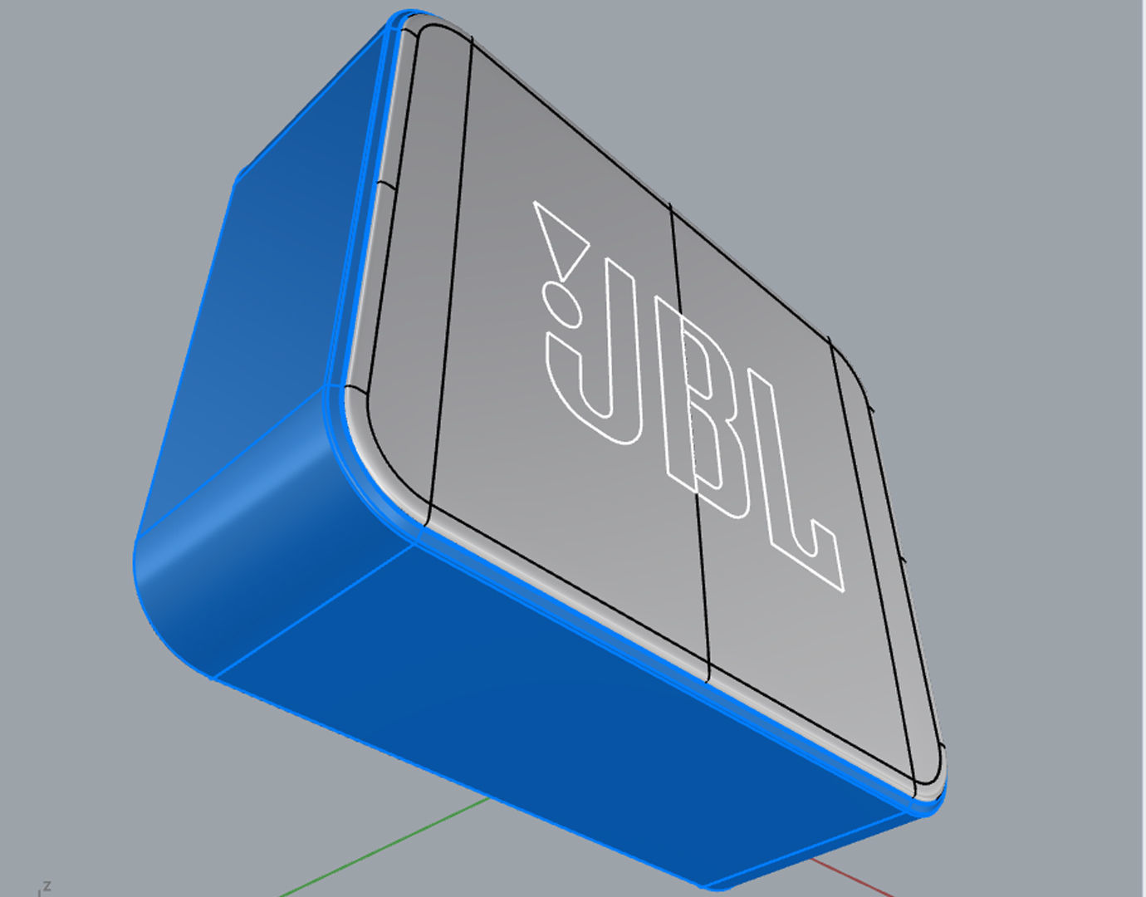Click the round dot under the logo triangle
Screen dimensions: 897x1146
[x=561, y=301]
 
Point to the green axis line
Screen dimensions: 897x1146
[x=382, y=847]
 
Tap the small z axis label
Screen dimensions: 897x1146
[x=47, y=886]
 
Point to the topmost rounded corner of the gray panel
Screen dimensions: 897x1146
[x=428, y=29]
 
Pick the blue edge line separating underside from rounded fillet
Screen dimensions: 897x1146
[x=316, y=606]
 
